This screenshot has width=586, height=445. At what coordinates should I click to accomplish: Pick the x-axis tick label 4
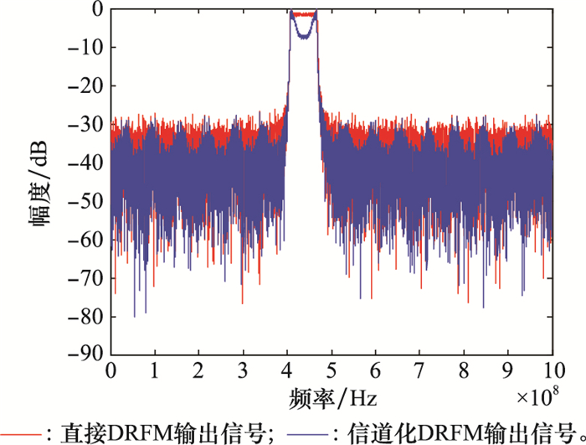coord(287,370)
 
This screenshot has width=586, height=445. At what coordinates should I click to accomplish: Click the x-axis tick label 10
coord(553,370)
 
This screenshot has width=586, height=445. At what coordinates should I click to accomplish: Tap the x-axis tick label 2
coord(198,370)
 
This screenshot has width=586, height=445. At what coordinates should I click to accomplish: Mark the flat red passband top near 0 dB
coord(303,14)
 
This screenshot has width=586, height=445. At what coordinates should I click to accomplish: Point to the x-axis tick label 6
coord(376,370)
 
